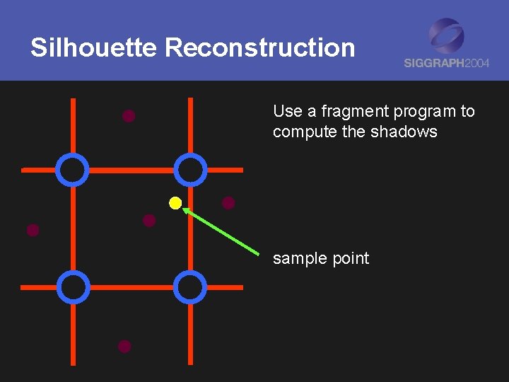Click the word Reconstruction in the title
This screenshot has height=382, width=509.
259,48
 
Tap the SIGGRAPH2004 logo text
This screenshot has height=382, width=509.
447,63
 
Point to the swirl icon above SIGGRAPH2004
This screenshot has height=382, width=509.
447,35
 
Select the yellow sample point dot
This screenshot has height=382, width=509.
175,204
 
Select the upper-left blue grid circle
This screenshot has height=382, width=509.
73,170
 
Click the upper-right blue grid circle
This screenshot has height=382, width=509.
190,170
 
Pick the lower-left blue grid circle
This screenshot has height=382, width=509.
73,287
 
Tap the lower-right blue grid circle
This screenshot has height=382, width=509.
190,287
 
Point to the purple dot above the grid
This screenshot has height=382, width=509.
129,116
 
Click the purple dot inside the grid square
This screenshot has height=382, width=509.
149,221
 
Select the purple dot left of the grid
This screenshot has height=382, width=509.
33,230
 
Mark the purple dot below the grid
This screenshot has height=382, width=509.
124,347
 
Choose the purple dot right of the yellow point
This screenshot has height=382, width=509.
228,203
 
